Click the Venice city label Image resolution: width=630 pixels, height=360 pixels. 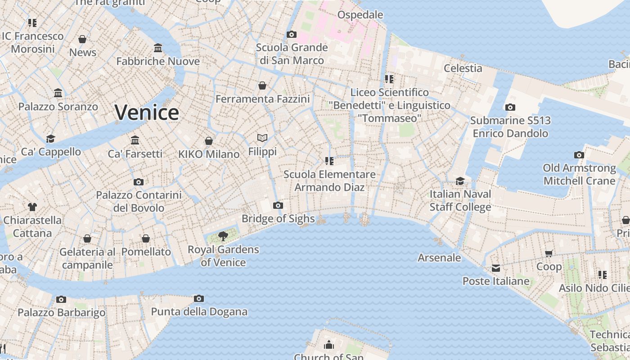[x=147, y=112]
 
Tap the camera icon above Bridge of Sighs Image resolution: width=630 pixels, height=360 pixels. [x=278, y=206]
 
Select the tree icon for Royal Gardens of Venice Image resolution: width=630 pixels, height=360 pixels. [x=223, y=236]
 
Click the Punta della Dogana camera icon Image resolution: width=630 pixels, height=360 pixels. [x=199, y=298]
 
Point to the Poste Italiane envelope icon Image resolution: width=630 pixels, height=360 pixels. [x=496, y=268]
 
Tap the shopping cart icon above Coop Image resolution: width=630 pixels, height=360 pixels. [x=549, y=253]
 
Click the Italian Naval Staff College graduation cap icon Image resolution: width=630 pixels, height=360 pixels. [x=460, y=181]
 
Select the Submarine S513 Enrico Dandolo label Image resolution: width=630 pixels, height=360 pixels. [x=510, y=127]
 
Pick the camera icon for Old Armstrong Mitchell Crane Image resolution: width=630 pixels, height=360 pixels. [x=579, y=155]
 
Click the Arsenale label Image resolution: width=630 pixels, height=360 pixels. [x=439, y=258]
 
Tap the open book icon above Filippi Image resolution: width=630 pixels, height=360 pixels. [x=262, y=138]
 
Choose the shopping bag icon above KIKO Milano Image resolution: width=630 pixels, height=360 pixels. [x=209, y=141]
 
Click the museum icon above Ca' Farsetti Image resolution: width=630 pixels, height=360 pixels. [x=135, y=140]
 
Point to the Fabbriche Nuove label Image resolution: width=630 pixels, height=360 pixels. [x=158, y=61]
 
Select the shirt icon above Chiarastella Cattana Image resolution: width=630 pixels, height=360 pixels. [x=32, y=207]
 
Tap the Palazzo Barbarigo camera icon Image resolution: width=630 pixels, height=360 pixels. [x=61, y=299]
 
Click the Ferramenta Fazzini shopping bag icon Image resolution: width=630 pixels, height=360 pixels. [x=262, y=85]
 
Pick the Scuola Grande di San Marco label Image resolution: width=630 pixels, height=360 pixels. [x=292, y=54]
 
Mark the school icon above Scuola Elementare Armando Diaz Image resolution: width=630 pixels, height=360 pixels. [x=329, y=161]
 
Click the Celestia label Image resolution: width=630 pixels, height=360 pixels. [x=463, y=68]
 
